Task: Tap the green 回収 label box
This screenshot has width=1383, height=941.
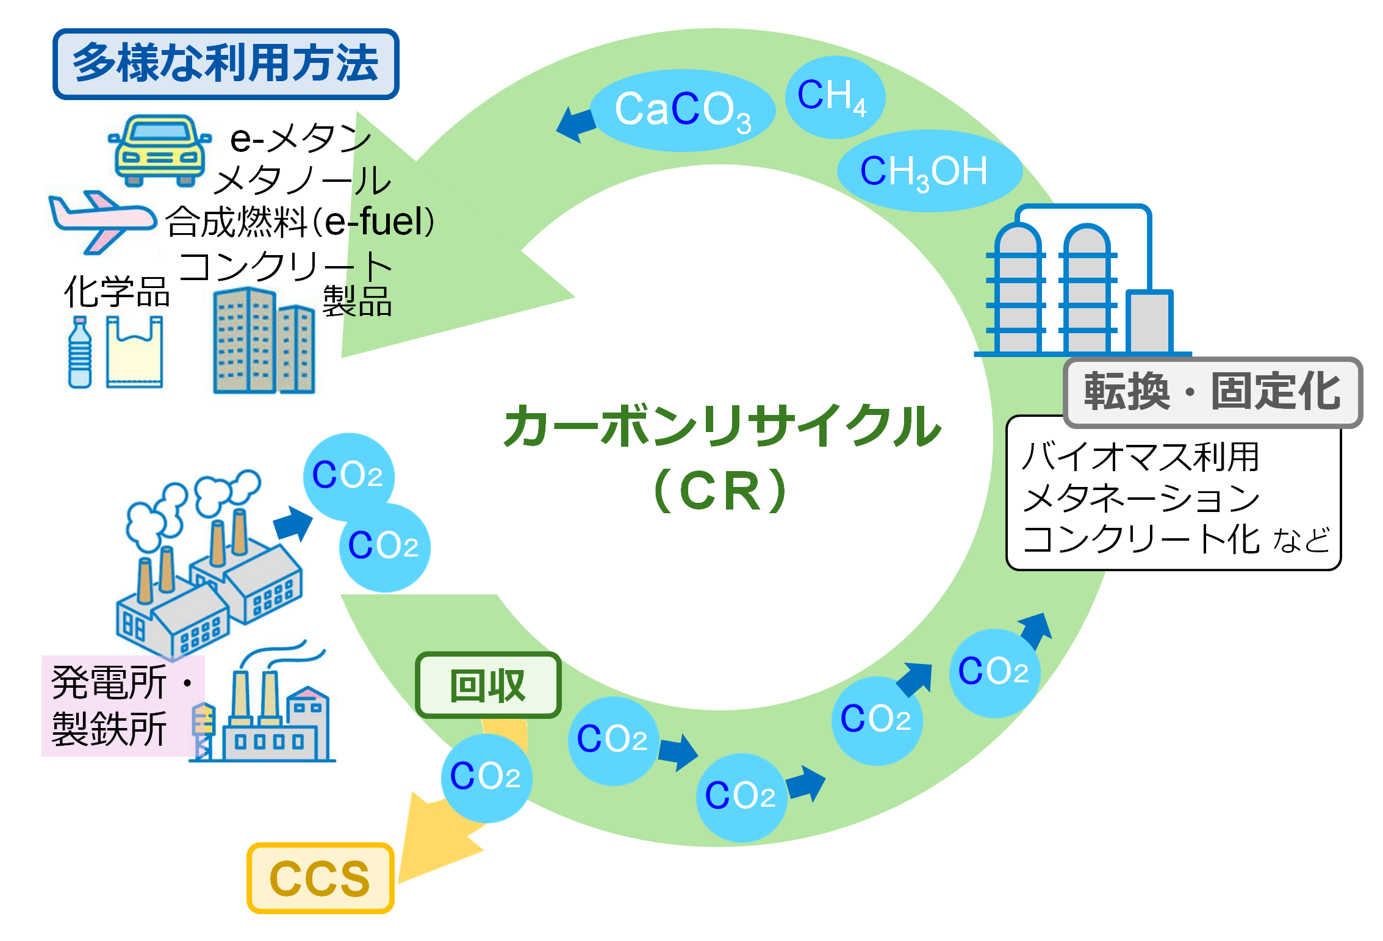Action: tap(487, 685)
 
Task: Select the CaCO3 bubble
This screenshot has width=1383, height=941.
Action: tap(682, 110)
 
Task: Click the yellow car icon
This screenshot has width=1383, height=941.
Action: tap(160, 151)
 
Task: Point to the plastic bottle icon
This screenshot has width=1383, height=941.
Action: tap(80, 353)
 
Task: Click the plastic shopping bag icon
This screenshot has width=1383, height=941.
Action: tap(134, 353)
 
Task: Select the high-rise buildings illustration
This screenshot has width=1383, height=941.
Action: tap(264, 342)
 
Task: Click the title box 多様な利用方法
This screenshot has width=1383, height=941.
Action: tap(226, 63)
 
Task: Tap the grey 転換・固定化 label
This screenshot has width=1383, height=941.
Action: tap(1212, 392)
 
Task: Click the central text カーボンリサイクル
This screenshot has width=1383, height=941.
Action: tap(723, 426)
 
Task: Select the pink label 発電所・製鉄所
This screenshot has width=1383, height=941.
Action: tap(113, 705)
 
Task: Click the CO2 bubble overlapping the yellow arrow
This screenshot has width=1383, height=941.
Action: tap(486, 777)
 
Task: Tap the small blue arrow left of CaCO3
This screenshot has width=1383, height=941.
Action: tap(576, 125)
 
